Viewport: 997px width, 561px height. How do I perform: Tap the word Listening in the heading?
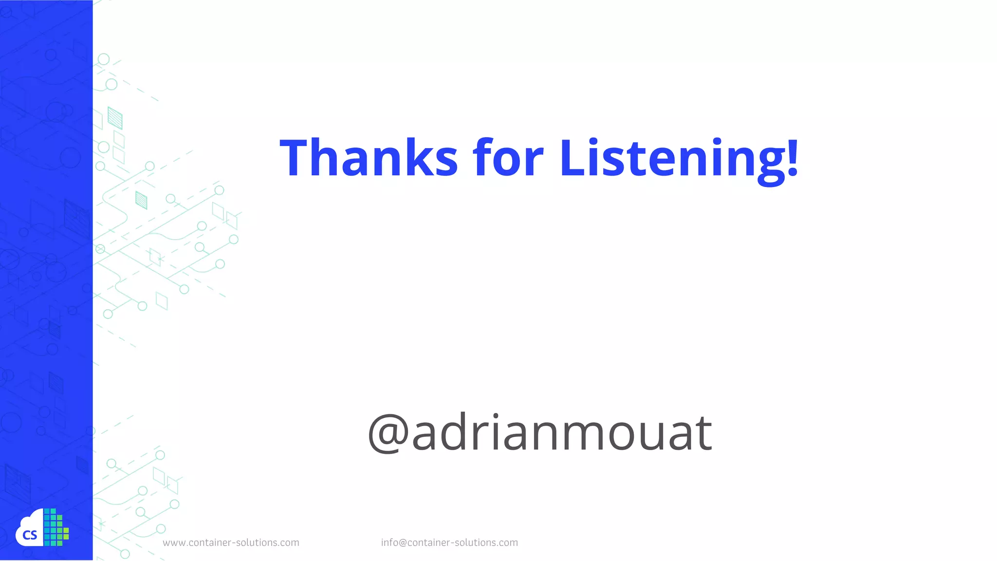[x=672, y=158]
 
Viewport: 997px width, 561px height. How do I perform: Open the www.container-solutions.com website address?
[x=231, y=542]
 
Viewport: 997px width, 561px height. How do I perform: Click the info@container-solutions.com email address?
[x=449, y=542]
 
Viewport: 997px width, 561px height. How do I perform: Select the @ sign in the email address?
[x=403, y=543]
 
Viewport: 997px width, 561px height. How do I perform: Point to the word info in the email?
[x=389, y=542]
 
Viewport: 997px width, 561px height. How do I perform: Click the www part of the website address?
[x=174, y=543]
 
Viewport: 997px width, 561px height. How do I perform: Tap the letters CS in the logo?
[x=30, y=535]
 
